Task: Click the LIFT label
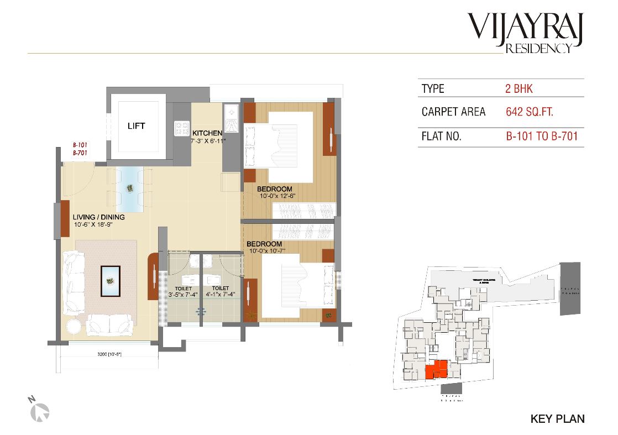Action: pos(136,126)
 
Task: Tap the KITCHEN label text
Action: pos(207,133)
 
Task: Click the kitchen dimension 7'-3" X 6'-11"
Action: pos(208,140)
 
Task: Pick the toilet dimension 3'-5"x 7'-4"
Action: pos(183,295)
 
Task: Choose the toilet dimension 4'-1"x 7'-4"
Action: pos(221,295)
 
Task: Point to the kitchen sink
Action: pos(231,118)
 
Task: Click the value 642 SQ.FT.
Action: pos(529,112)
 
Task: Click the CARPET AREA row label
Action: pos(453,112)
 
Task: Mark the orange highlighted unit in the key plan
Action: pos(437,369)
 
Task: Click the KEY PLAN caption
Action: pos(557,419)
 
